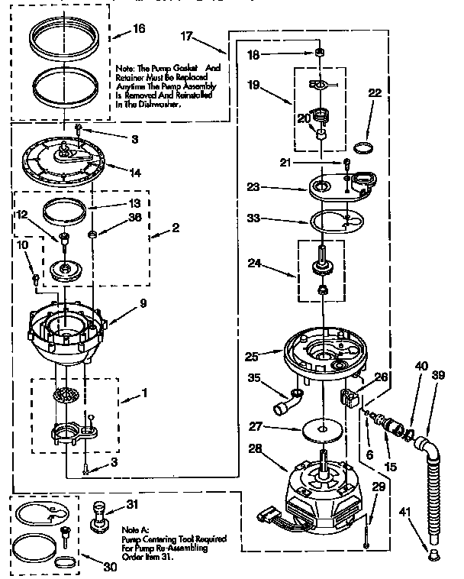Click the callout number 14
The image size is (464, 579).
134,173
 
